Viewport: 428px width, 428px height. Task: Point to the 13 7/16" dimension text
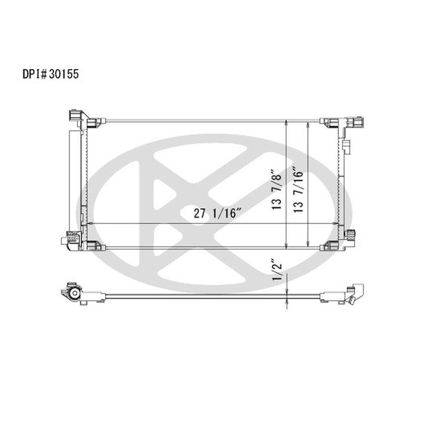(298, 190)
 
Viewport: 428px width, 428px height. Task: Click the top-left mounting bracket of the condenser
(76, 116)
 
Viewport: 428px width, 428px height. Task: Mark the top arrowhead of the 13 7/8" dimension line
(287, 123)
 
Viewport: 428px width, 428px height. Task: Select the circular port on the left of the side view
(74, 294)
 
